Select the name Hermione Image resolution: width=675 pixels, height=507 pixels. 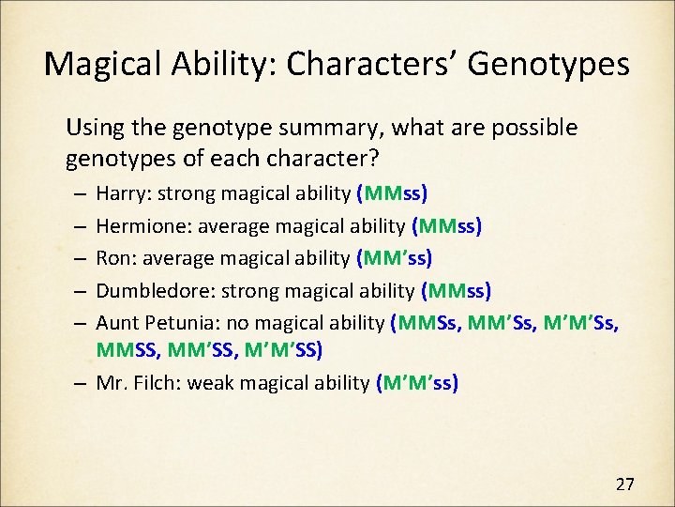pos(136,226)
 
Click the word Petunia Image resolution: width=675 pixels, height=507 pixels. pos(173,323)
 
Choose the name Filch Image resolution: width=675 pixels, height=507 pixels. pos(157,383)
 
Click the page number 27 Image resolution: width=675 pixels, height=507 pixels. pos(624,484)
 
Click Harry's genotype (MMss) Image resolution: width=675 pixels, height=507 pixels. pos(392,194)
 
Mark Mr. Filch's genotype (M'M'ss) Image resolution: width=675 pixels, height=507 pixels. pos(416,383)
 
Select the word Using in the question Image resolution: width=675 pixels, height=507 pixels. pos(91,127)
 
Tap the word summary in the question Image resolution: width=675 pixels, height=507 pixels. pos(334,127)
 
